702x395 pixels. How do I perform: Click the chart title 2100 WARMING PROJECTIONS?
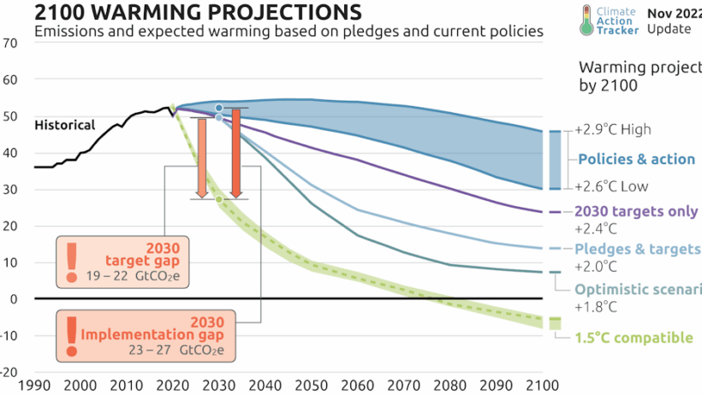pos(185,12)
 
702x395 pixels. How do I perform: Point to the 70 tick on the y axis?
pos(10,43)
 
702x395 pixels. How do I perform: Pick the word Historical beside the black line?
pos(64,125)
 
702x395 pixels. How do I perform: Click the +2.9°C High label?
pos(614,130)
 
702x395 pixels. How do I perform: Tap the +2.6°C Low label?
pos(612,187)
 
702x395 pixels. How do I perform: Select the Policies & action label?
pos(636,159)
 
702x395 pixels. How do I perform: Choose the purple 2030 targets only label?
pos(636,212)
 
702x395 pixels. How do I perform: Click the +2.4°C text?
pos(596,229)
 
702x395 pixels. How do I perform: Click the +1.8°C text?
pos(596,306)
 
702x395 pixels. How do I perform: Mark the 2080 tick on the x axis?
pos(449,386)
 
